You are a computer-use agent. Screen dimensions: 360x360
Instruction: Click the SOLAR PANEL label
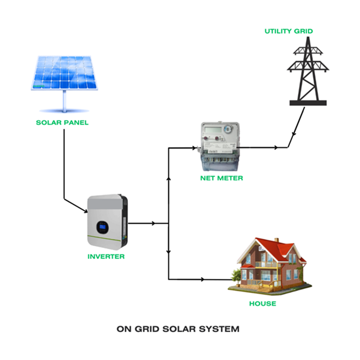(x=62, y=122)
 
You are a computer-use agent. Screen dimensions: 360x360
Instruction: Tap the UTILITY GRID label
(x=289, y=31)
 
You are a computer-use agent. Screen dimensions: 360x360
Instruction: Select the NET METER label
(x=221, y=178)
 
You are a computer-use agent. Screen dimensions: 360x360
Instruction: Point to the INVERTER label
(x=107, y=256)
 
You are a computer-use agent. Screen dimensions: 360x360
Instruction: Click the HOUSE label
(x=263, y=304)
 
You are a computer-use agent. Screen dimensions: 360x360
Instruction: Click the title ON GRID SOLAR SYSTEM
(x=178, y=329)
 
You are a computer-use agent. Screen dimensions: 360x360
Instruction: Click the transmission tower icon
(x=308, y=71)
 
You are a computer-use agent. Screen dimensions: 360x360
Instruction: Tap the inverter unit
(x=107, y=221)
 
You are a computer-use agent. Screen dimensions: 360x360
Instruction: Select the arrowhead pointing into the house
(x=203, y=279)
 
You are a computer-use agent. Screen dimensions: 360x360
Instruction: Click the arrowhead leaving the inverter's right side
(x=154, y=223)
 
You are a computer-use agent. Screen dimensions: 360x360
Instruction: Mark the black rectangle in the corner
(x=52, y=18)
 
